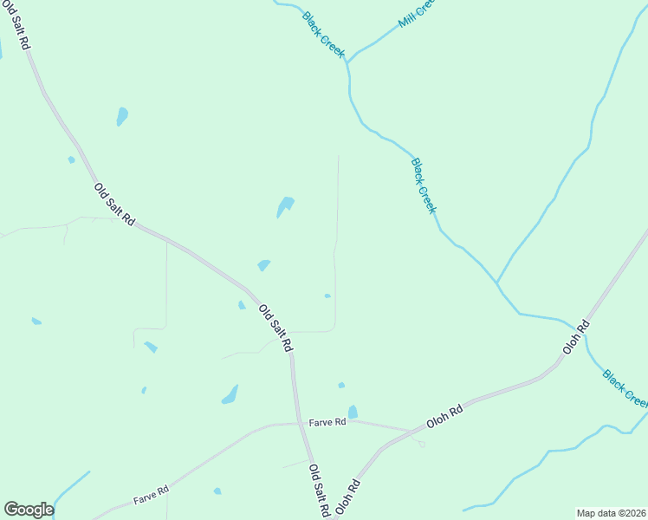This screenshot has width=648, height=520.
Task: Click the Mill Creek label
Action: pos(415,14)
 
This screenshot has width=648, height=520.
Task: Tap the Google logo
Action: pos(29,510)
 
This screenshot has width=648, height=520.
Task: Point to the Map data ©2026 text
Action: pos(611,512)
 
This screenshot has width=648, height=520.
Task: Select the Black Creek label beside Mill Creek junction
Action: pos(324,35)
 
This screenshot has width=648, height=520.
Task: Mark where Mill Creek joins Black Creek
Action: pos(348,62)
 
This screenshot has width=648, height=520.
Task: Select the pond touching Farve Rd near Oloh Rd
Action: pos(353,413)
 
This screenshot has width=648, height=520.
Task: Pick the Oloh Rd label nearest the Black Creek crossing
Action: pos(575,336)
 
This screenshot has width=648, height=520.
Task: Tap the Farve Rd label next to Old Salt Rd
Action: pos(327,422)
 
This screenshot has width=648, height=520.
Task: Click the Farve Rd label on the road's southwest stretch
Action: pos(151,496)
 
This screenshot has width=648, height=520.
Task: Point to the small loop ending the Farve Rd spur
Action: pos(422,444)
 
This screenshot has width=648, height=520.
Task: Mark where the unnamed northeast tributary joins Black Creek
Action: pos(496,283)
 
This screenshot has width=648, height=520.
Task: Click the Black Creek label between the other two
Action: pos(424,185)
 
